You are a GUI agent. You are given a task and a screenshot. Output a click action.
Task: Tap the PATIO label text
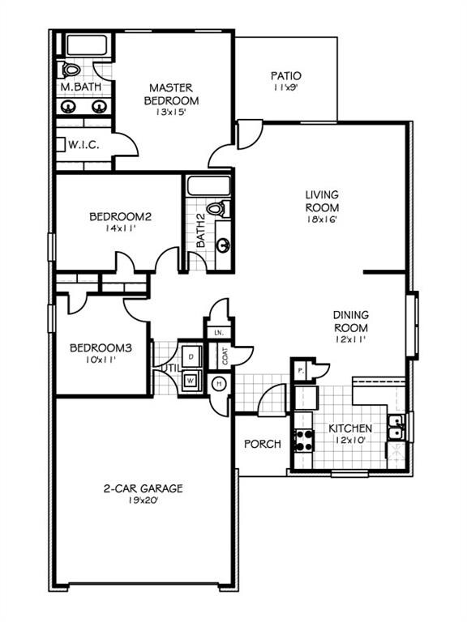click(x=286, y=76)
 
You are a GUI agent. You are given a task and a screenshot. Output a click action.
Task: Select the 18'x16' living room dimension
click(x=321, y=218)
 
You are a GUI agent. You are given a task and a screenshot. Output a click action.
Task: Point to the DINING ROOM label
click(x=351, y=321)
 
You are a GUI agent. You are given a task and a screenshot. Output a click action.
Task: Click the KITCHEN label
click(x=350, y=428)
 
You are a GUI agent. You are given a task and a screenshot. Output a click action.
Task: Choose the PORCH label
click(x=263, y=444)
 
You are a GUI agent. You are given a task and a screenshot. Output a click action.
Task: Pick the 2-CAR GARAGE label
click(x=143, y=488)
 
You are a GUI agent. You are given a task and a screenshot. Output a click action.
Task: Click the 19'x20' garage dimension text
click(x=143, y=501)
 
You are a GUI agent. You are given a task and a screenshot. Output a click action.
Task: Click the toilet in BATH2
click(x=216, y=209)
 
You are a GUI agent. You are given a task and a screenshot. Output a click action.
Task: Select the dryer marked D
click(x=191, y=355)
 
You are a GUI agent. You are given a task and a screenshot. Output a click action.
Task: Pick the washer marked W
click(x=191, y=379)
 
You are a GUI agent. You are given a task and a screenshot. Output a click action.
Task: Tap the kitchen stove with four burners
click(x=303, y=440)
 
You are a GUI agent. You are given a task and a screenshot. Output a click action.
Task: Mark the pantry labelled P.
click(x=300, y=369)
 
